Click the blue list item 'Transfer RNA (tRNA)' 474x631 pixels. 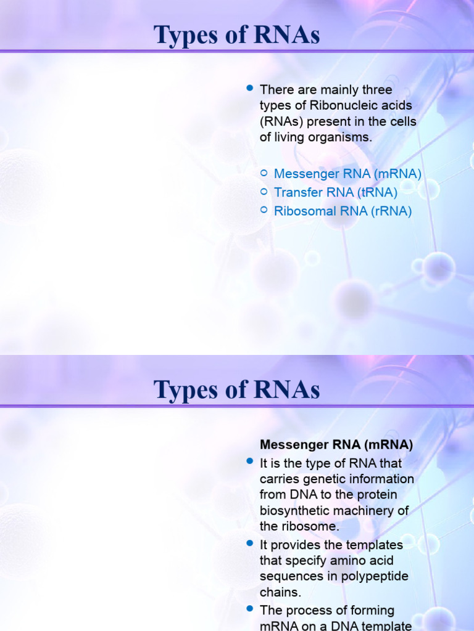tap(336, 193)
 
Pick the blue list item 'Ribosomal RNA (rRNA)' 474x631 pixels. tap(343, 211)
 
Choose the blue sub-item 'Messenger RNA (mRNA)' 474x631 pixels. tap(347, 174)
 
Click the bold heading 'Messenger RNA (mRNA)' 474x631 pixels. tap(336, 444)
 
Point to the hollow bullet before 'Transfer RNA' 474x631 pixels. tap(264, 192)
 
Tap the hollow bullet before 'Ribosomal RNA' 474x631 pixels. tap(264, 210)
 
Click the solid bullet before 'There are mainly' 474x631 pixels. tap(250, 89)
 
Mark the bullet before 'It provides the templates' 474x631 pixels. tap(250, 544)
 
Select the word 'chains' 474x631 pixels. tap(279, 593)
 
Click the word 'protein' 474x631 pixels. tap(373, 495)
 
